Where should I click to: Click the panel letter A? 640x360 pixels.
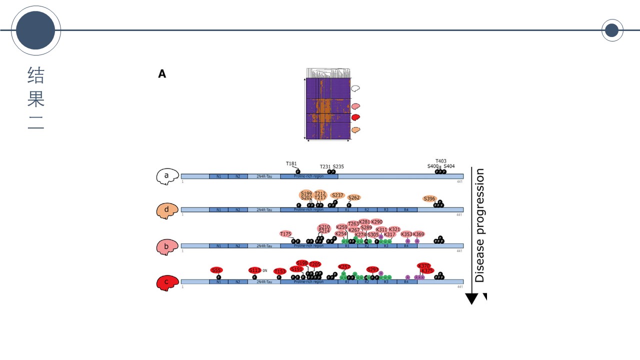click(162, 74)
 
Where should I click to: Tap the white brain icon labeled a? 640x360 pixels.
click(167, 176)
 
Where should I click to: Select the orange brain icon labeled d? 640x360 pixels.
click(167, 210)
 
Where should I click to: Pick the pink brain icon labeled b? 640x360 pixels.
click(167, 246)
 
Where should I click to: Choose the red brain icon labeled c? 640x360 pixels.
click(167, 282)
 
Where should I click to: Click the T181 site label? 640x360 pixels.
click(291, 163)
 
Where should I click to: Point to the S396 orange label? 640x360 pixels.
click(429, 198)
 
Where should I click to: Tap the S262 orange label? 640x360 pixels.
click(354, 197)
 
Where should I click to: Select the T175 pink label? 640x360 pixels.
click(285, 234)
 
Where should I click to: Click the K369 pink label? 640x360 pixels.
click(418, 234)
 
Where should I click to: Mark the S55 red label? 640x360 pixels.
click(216, 270)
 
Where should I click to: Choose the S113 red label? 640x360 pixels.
click(255, 270)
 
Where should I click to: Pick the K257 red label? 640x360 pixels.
click(344, 266)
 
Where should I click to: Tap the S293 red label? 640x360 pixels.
click(372, 269)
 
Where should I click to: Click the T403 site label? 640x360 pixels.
click(441, 161)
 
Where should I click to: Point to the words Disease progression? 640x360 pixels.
click(480, 225)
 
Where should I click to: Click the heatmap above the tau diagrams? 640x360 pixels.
click(328, 108)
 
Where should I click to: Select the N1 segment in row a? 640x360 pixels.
click(218, 176)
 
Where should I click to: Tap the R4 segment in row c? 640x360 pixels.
click(406, 282)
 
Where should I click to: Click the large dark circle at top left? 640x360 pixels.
click(35, 30)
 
